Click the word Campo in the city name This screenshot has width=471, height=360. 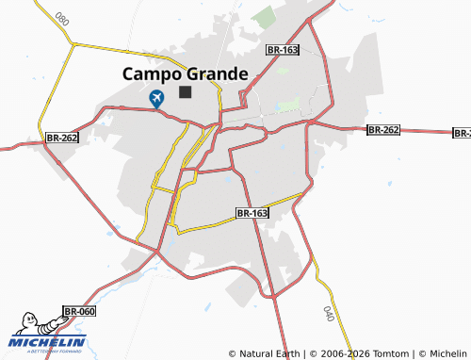(150, 74)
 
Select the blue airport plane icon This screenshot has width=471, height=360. (156, 96)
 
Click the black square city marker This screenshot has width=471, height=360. (185, 92)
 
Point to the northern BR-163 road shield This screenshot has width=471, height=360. (282, 49)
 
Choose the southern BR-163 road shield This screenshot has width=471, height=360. (252, 214)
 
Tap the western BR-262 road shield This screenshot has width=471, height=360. (61, 138)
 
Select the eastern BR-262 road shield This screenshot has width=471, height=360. (384, 130)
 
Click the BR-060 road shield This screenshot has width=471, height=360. (79, 311)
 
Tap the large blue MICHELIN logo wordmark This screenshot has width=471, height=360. (49, 341)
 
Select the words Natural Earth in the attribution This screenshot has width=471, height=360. (268, 353)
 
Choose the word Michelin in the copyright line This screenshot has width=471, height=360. (447, 353)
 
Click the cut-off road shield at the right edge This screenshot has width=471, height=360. (463, 133)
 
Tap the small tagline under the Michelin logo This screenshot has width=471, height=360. (47, 352)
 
